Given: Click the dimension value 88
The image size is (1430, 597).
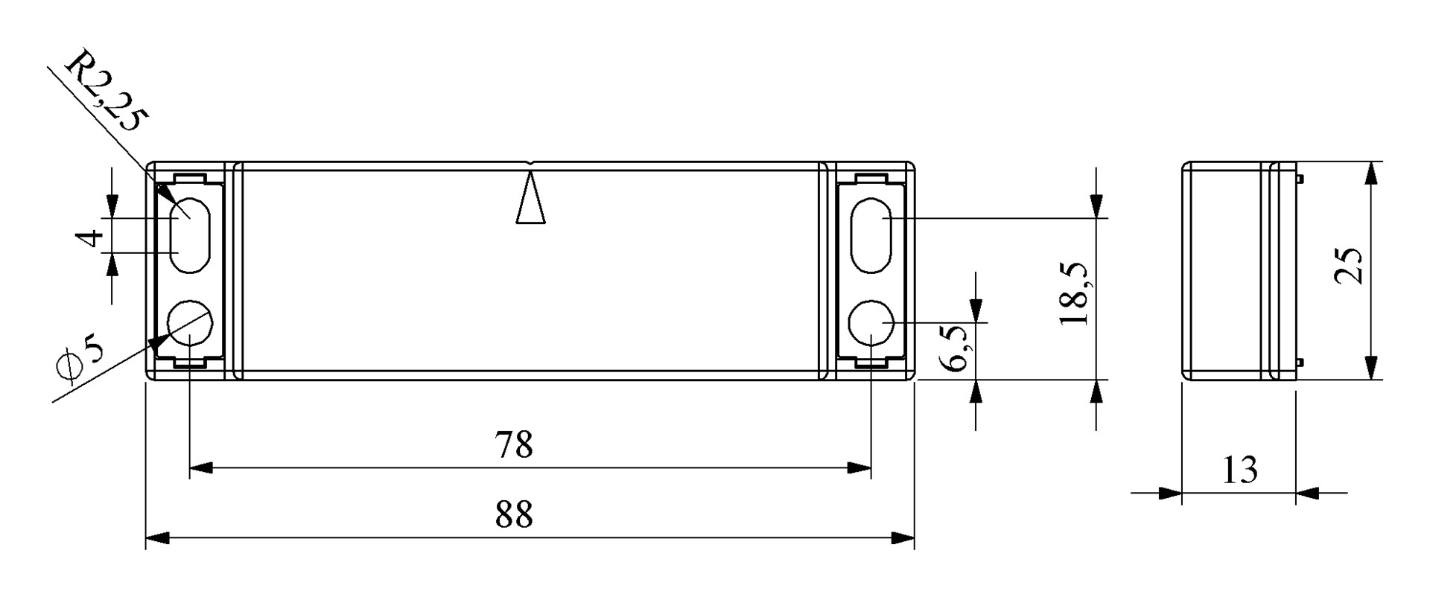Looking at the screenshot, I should [514, 514].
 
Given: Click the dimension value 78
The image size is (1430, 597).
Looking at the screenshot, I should [514, 445].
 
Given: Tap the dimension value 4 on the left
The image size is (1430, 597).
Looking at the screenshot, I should [91, 238].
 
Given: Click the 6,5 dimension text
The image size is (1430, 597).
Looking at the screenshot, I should [954, 348].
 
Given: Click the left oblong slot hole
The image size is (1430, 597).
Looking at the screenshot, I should [191, 235].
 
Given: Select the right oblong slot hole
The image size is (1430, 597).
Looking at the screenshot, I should [871, 235].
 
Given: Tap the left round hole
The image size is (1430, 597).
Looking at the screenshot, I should [191, 322].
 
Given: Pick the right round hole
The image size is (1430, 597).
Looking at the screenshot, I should [871, 322].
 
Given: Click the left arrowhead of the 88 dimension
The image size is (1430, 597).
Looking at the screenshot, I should [156, 537].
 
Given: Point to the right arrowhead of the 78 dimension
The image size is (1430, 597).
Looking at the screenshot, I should [860, 468].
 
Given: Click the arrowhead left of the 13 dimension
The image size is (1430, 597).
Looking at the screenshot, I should [1172, 493].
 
